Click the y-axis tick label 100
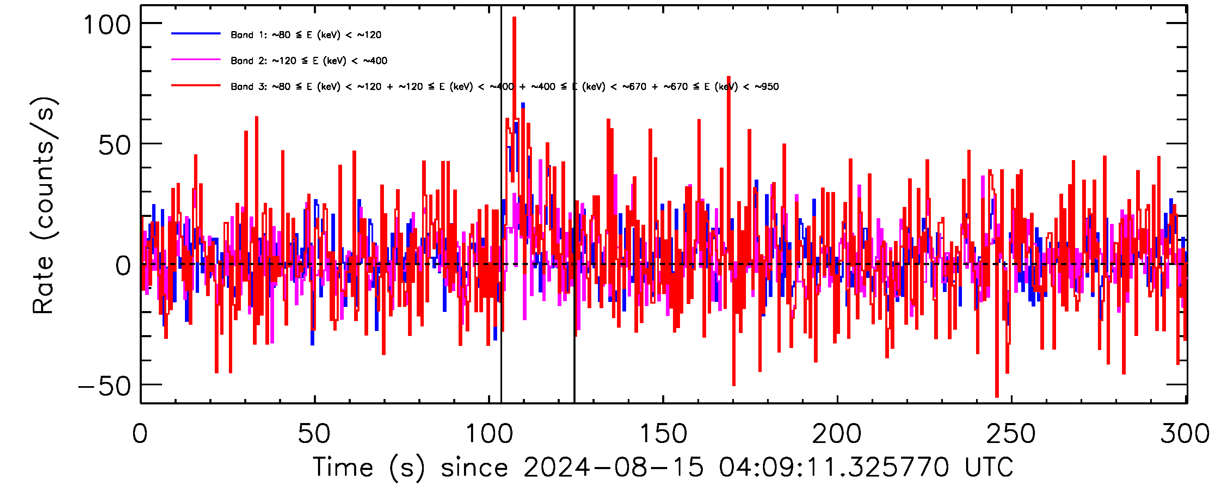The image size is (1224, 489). (107, 25)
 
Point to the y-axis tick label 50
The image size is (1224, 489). (114, 145)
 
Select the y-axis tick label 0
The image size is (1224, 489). (123, 265)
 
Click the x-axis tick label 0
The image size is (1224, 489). (140, 434)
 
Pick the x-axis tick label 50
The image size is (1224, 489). (313, 434)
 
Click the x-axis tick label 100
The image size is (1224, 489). (489, 434)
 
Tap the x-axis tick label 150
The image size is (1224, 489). (663, 434)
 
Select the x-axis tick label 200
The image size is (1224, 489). (837, 434)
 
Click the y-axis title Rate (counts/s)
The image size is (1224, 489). (44, 205)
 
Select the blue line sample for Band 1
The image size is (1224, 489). (196, 34)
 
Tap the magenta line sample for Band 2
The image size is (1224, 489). (196, 60)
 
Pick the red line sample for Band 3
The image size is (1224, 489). (196, 85)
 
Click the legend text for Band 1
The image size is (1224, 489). (306, 35)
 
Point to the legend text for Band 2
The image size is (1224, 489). (309, 61)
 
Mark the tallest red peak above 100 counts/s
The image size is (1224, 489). (514, 19)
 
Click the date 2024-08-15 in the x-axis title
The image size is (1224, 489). (613, 467)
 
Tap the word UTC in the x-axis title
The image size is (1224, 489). (988, 467)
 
